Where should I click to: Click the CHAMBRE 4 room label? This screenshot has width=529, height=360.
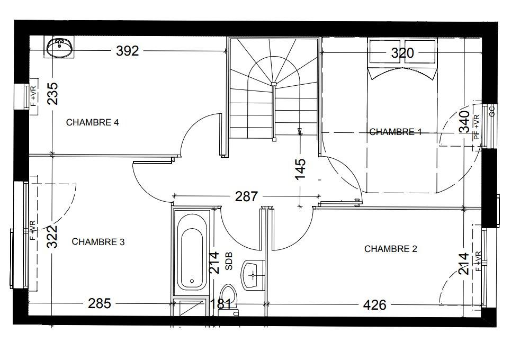pos(93,122)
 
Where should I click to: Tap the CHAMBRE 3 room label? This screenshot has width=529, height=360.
pos(98,241)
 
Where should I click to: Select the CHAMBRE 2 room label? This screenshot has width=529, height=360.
pos(391,249)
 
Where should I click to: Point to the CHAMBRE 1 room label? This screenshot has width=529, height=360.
pos(396,132)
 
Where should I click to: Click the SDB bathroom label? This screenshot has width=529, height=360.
pos(229,261)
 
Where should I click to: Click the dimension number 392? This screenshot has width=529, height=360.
pos(128,51)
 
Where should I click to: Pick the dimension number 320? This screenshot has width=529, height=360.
pos(402,53)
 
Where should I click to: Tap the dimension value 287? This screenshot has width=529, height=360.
pos(247,196)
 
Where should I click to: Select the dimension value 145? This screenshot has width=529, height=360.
pos(300,169)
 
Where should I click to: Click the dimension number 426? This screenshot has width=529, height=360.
pos(374,305)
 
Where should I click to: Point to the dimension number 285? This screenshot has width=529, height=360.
pos(100,303)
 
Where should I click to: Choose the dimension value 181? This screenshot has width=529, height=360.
pos(221,304)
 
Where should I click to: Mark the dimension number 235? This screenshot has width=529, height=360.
pos(52,94)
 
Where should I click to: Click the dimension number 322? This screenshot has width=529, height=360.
pos(52,237)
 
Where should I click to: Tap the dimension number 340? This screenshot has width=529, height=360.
pos(464,121)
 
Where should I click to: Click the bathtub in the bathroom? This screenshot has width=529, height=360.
pos(192,252)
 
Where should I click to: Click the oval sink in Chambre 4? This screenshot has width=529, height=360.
pos(60,48)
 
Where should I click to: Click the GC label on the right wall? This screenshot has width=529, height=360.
pos(491,111)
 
